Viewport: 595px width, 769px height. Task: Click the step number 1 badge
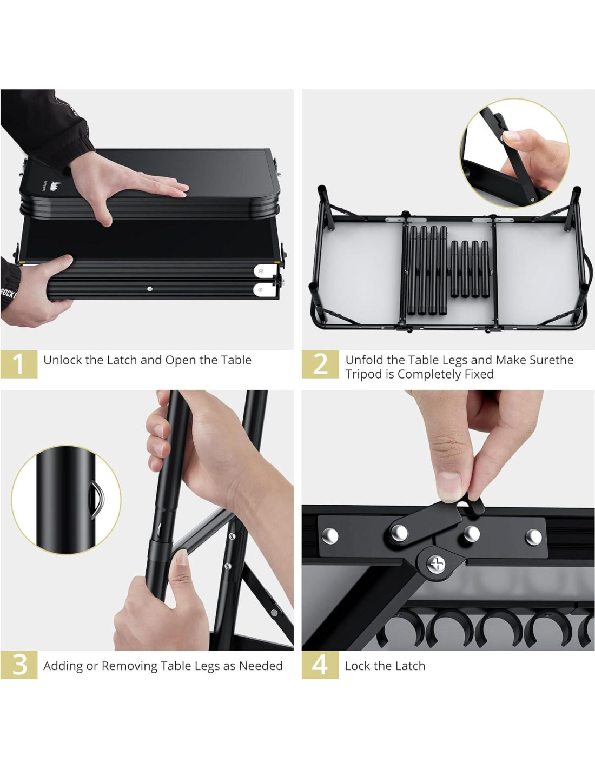point(19,364)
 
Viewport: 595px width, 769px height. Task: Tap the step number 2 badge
point(320,364)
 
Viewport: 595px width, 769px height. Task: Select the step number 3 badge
point(19,665)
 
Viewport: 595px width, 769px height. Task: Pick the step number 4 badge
point(320,665)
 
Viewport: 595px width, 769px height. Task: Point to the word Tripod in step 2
point(364,374)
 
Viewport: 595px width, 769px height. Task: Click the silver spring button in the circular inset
point(96,500)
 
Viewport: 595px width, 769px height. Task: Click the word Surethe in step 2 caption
point(552,360)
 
